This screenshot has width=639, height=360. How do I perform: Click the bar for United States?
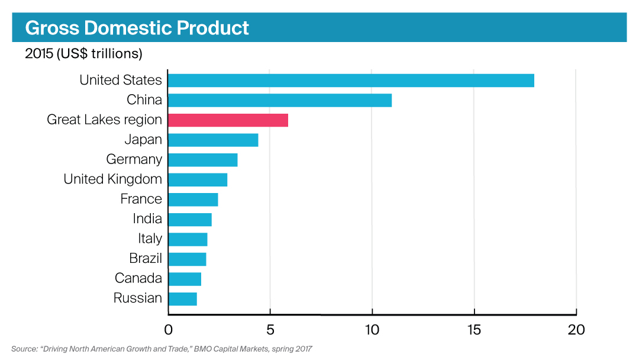pos(351,80)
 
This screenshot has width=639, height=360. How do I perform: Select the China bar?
pos(280,100)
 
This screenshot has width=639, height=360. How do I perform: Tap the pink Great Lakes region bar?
pos(228,120)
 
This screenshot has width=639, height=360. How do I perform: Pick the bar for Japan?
pos(213,140)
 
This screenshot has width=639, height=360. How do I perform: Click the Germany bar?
pos(203,160)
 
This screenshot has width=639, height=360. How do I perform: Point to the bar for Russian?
pos(182,298)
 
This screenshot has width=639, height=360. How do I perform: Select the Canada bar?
pos(185,279)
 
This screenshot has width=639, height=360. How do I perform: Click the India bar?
pos(190,220)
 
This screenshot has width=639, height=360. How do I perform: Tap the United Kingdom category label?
pos(112,179)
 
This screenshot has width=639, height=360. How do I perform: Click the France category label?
pos(141,199)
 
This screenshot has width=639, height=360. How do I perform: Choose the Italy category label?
pos(150,239)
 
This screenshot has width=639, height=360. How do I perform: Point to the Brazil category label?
pos(146,259)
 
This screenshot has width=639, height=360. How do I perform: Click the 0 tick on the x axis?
pos(169,330)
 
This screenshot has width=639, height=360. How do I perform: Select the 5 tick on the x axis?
pos(270,330)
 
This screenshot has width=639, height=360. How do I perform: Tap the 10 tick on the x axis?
pos(372,330)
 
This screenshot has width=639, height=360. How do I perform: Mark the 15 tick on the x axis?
pos(474,330)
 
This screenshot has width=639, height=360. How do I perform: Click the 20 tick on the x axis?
pos(576,330)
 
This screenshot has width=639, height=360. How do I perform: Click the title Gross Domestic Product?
pos(137,28)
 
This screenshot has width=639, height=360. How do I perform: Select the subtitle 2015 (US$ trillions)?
pos(83,54)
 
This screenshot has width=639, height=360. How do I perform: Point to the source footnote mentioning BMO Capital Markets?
pos(162,349)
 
